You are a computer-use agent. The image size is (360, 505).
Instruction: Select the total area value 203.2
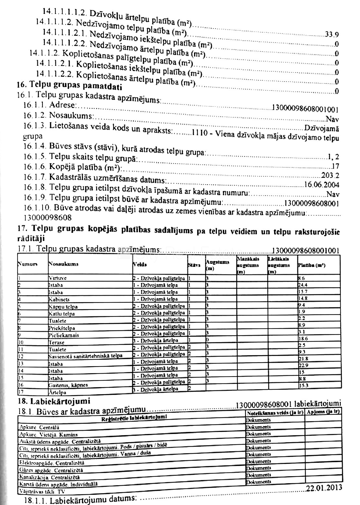click(330, 176)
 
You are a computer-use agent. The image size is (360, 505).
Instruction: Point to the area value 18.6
click(303, 339)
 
